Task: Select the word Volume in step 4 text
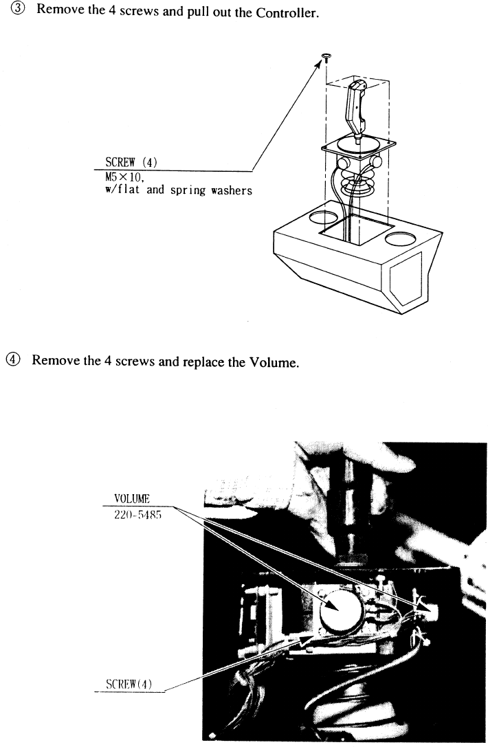click(274, 361)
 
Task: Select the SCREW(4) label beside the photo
click(129, 684)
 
